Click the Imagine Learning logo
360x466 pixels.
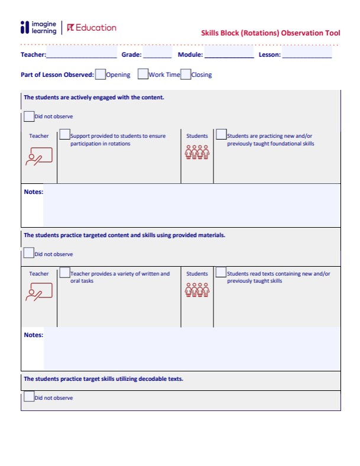(x=38, y=28)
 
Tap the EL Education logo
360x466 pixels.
(x=92, y=28)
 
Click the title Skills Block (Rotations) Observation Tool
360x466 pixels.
(x=270, y=33)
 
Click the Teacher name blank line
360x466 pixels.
(x=82, y=55)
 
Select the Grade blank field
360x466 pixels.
(x=157, y=55)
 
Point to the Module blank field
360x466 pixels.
(x=229, y=55)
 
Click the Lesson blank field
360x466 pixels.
(x=307, y=55)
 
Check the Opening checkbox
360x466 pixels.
(x=100, y=74)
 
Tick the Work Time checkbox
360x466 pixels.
(x=142, y=74)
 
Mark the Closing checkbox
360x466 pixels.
(x=186, y=74)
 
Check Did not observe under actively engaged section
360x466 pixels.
(x=28, y=116)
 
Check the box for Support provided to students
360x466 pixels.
(x=64, y=135)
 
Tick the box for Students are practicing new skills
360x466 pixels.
(x=220, y=135)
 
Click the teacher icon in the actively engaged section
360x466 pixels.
(x=39, y=156)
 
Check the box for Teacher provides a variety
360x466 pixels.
(x=64, y=273)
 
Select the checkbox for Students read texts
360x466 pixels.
(x=220, y=273)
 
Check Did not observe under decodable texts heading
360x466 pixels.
(x=28, y=397)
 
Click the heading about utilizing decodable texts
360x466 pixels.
(x=103, y=379)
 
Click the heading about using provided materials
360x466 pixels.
(x=124, y=235)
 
